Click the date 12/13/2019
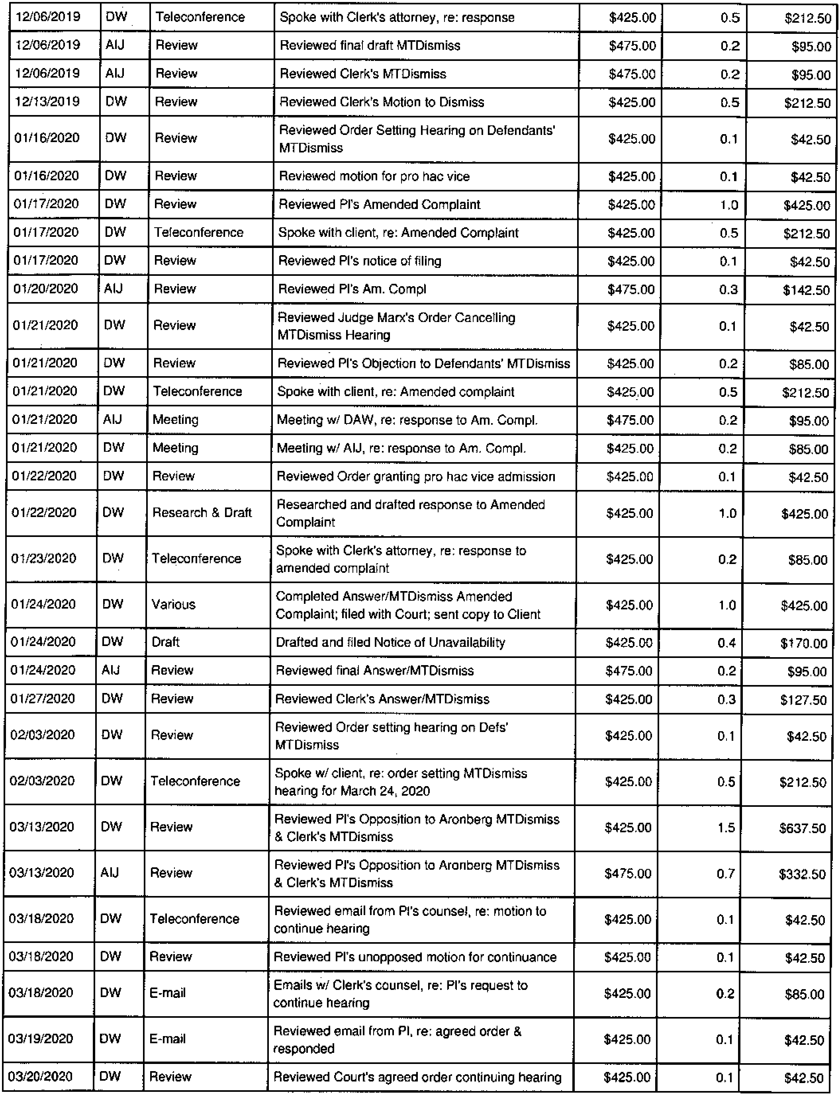point(47,102)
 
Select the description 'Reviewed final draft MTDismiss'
point(370,45)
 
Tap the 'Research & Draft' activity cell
point(202,513)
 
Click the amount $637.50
point(802,828)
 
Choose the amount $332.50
point(802,874)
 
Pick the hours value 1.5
point(726,828)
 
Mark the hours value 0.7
point(726,874)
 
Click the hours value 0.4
point(726,643)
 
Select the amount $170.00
point(803,643)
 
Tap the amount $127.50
point(803,700)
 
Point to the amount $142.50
point(806,290)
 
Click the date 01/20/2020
point(45,289)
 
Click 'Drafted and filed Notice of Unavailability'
point(390,642)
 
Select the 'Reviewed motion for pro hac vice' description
point(374,176)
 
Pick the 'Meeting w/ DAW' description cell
point(407,420)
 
